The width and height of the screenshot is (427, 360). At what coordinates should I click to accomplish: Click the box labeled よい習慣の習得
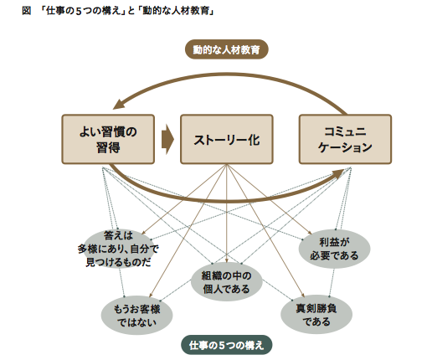(x=108, y=139)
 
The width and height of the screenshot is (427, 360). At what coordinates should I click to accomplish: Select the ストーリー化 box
(x=227, y=139)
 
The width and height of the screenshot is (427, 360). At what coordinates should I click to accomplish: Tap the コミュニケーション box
(x=345, y=139)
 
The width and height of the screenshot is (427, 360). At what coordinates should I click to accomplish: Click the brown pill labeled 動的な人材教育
(x=227, y=49)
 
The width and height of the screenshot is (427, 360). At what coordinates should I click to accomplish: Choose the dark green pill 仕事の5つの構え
(x=227, y=345)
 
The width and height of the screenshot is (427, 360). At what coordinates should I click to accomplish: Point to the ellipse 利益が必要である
(x=334, y=249)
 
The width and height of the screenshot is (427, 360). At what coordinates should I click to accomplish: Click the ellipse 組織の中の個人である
(x=227, y=282)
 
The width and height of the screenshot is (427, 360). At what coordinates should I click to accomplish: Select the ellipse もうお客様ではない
(x=136, y=316)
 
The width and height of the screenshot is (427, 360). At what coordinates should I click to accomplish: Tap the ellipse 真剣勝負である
(x=316, y=315)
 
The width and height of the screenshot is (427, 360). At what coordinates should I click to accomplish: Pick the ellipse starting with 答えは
(x=118, y=249)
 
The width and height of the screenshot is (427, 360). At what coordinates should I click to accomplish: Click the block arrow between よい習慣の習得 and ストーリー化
(x=167, y=139)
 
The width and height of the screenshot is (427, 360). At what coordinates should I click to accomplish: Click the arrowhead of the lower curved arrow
(x=338, y=173)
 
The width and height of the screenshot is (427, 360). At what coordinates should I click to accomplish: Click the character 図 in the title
(x=26, y=11)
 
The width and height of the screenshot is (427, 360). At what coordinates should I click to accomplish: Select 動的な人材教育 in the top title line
(x=176, y=11)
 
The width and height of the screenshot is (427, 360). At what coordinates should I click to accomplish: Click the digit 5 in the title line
(x=79, y=11)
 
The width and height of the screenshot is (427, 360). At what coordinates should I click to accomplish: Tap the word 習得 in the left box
(x=108, y=147)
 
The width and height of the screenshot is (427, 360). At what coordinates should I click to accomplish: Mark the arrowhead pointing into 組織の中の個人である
(x=227, y=260)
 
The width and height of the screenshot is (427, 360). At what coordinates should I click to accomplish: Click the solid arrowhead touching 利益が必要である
(x=310, y=233)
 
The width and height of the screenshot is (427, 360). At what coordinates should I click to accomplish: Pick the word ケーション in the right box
(x=345, y=147)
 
